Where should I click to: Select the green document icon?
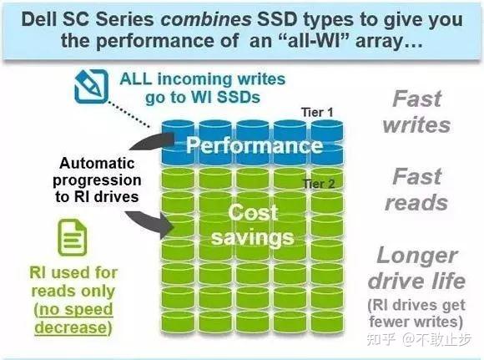[73, 240]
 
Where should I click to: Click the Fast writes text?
[421, 112]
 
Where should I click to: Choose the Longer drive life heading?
[417, 267]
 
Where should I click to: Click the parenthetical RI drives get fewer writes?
[417, 313]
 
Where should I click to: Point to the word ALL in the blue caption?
[137, 79]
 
